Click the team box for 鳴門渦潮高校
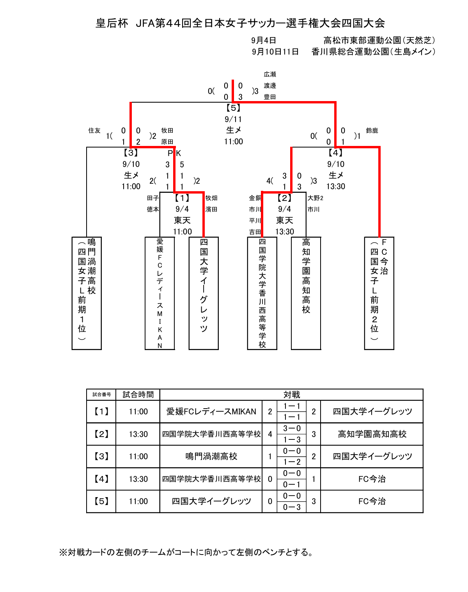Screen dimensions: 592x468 coord(87,293)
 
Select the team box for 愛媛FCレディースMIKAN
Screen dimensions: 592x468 coord(160,293)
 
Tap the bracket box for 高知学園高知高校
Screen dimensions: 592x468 coord(306,293)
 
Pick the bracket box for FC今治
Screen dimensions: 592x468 coord(379,293)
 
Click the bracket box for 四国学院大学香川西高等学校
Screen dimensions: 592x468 coord(262,293)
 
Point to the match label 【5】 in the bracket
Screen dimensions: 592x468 coord(233,108)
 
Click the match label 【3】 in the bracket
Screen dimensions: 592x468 coord(131,153)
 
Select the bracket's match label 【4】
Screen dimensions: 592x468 coord(335,153)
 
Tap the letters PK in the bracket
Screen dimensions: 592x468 coord(174,153)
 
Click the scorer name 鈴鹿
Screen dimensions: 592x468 coord(372,130)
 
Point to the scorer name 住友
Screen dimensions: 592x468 coord(94,130)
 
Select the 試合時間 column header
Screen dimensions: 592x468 coord(138,395)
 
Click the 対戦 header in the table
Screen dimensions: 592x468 coord(291,395)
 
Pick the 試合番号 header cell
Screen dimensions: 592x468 coord(101,395)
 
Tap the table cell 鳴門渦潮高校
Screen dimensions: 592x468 coord(211,456)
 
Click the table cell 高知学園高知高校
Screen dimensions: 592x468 coord(372,434)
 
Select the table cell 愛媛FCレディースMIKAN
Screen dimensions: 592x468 coord(211,411)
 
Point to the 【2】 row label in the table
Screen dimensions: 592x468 coord(101,434)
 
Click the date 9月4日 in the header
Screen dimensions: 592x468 coord(264,40)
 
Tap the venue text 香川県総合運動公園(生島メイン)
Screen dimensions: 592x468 coord(373,52)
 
